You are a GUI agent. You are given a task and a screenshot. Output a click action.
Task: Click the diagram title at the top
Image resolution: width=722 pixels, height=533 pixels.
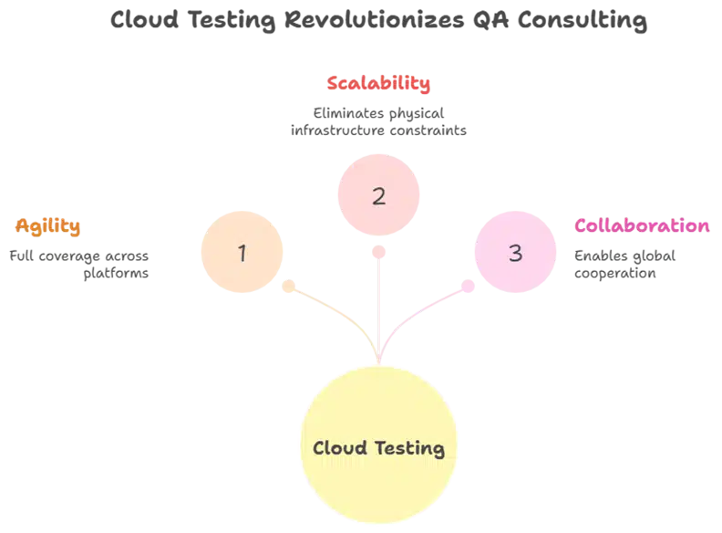[378, 21]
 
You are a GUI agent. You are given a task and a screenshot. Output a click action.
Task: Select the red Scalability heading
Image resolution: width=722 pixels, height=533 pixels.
[377, 84]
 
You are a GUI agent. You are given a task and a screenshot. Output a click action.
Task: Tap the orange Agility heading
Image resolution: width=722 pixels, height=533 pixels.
[48, 225]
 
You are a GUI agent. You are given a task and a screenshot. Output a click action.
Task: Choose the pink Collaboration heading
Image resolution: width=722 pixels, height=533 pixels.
[643, 225]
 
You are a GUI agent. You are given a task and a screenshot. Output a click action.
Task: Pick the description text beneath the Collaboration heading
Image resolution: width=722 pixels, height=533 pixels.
[624, 263]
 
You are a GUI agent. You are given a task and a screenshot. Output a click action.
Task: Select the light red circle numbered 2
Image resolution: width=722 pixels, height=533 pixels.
[378, 195]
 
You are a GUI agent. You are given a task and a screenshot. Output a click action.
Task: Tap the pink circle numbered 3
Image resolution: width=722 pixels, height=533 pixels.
[516, 253]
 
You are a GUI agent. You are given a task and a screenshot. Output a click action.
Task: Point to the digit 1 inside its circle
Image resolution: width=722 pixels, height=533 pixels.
[242, 253]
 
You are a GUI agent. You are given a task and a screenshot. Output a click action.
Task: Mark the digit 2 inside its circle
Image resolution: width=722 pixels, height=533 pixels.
[379, 196]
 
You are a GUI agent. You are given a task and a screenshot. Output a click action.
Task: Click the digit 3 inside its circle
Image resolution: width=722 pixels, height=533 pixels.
[516, 253]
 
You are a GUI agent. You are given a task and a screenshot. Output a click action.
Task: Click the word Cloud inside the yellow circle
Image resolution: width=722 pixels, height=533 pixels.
[338, 448]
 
